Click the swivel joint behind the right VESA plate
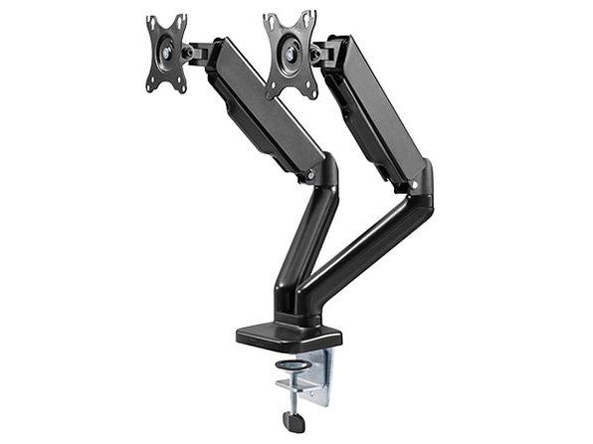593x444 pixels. (317, 50)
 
